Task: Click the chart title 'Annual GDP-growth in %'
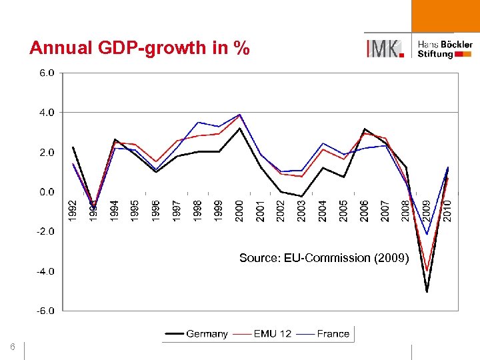click(x=139, y=48)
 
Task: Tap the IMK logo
click(x=385, y=48)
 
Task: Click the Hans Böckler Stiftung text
click(x=445, y=49)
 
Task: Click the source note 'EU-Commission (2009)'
click(x=323, y=258)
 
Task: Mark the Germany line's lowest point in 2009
click(x=427, y=291)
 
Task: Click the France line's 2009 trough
click(x=427, y=234)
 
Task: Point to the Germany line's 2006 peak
click(x=364, y=129)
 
